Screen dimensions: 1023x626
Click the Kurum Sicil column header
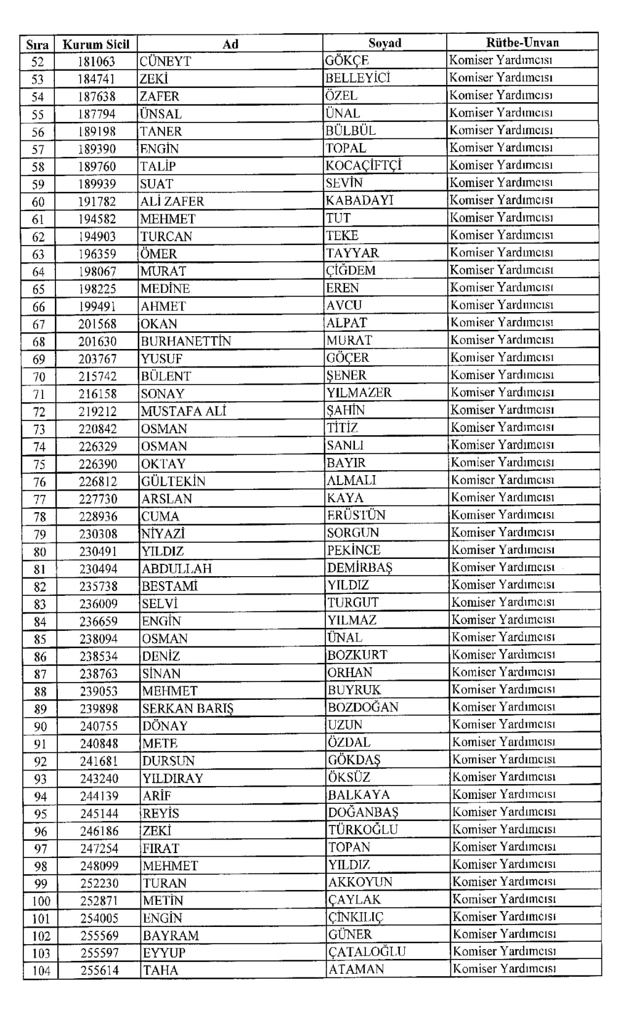tap(96, 44)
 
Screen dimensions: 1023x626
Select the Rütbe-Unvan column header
tap(522, 42)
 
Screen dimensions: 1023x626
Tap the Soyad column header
tap(384, 43)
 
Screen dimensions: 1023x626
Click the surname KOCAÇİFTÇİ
tap(364, 166)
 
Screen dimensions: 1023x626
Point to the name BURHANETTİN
tap(185, 341)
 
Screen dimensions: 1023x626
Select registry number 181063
tap(96, 62)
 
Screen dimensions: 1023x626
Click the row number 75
tap(39, 464)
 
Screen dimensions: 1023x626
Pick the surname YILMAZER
tap(359, 393)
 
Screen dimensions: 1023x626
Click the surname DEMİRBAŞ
tap(360, 568)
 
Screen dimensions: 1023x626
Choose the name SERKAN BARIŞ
tap(187, 708)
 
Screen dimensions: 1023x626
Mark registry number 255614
tap(99, 971)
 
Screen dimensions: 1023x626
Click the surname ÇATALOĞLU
tap(367, 952)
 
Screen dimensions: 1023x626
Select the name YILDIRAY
tap(173, 779)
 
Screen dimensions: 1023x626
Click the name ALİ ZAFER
tap(172, 201)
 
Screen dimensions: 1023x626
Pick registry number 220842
tap(98, 429)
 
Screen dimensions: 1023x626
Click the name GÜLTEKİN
tap(173, 481)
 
